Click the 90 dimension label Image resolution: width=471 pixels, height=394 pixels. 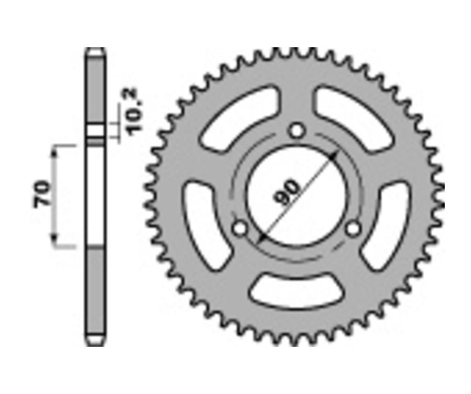(286, 192)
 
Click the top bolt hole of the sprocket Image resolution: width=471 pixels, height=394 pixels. (298, 130)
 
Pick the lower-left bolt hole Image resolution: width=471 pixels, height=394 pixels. (240, 228)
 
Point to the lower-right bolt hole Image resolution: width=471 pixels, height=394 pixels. (354, 228)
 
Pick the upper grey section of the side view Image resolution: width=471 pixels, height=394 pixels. (95, 89)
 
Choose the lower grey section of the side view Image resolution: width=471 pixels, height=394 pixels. (95, 293)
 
